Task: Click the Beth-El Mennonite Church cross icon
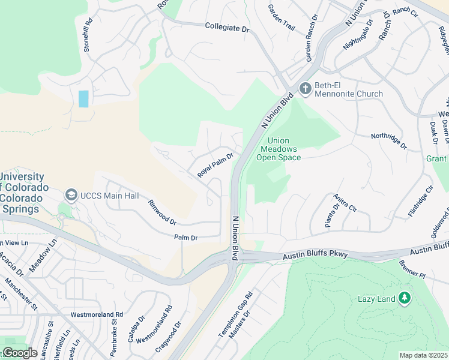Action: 305,89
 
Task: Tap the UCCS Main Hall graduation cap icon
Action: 71,195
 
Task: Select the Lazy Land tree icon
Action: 405,298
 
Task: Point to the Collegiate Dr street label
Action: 227,28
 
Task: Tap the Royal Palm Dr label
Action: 215,166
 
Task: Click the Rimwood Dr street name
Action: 162,212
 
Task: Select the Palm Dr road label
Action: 185,238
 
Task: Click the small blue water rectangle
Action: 83,99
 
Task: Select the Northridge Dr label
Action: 388,142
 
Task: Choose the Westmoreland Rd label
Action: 97,314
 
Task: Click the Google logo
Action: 19,353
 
